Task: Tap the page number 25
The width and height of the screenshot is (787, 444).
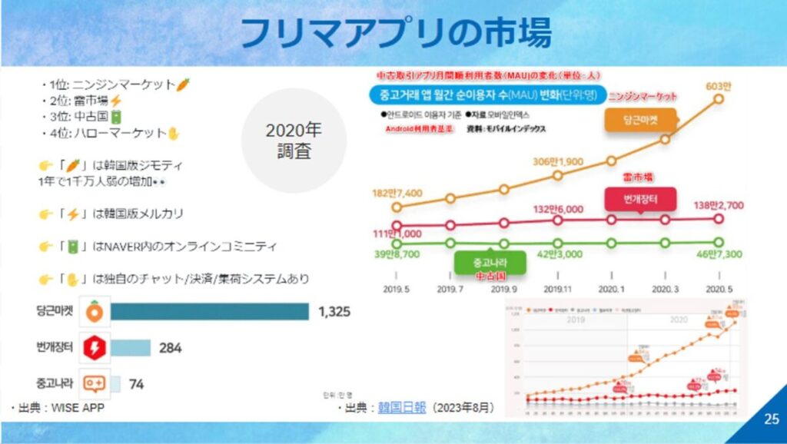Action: pyautogui.click(x=771, y=419)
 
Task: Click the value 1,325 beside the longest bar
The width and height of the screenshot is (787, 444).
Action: pyautogui.click(x=334, y=311)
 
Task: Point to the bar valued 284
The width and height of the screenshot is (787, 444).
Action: pyautogui.click(x=131, y=347)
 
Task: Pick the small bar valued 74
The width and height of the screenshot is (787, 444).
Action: pyautogui.click(x=116, y=383)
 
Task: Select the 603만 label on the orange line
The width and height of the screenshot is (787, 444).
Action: pyautogui.click(x=719, y=85)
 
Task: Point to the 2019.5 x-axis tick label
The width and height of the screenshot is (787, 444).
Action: pyautogui.click(x=397, y=290)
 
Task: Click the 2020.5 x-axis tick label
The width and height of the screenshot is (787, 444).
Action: pyautogui.click(x=719, y=290)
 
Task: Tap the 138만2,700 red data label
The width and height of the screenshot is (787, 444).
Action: pyautogui.click(x=719, y=206)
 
